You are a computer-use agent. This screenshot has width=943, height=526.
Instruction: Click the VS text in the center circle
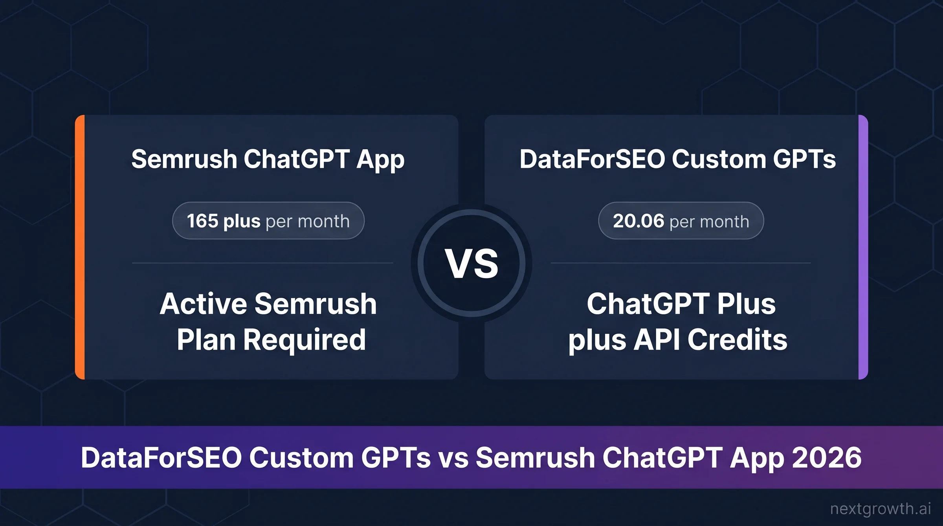[472, 264]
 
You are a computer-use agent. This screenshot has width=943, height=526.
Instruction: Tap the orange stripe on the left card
[80, 247]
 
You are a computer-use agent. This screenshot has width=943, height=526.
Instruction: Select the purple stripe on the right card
[863, 247]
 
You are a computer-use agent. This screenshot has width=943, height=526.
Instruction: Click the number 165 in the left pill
[202, 221]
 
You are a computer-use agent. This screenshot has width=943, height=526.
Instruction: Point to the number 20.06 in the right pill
[638, 221]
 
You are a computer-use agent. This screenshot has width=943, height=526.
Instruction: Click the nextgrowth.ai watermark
[880, 509]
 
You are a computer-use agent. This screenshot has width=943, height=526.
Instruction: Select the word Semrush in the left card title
[184, 159]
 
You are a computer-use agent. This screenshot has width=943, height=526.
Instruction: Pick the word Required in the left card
[305, 340]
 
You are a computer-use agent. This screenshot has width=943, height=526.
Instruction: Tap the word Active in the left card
[203, 304]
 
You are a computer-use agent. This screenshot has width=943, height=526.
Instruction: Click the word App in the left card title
[380, 160]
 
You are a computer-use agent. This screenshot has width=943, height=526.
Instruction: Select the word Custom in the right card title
[719, 159]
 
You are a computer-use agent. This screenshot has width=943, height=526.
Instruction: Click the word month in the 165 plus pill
[323, 221]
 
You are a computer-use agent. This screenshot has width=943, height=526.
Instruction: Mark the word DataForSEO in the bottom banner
[161, 458]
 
